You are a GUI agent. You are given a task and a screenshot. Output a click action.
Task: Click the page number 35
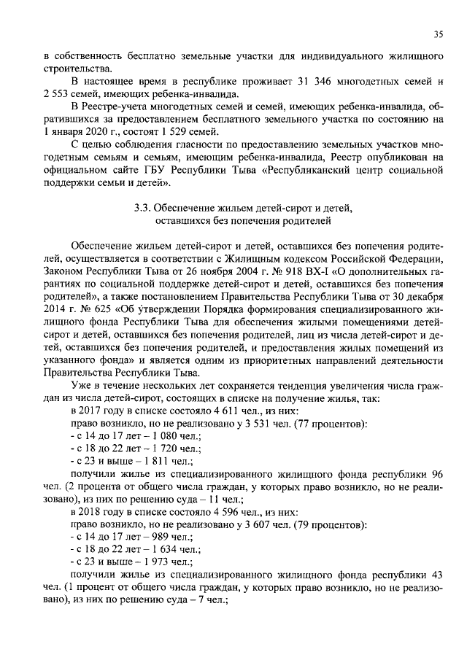[x=439, y=33]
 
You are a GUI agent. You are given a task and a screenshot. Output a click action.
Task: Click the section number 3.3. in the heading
[x=143, y=206]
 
